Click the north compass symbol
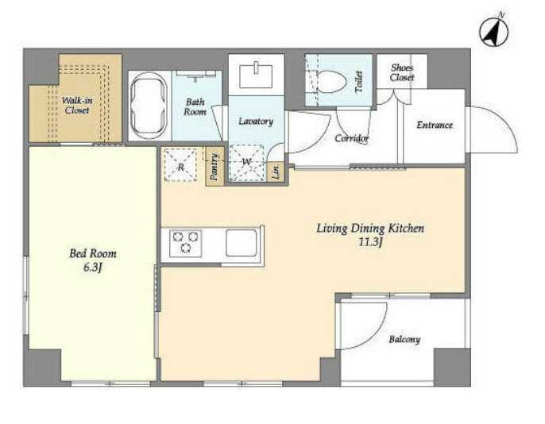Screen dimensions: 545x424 [x=494, y=31]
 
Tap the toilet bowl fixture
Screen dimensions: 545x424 [x=330, y=82]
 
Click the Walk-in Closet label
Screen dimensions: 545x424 [x=77, y=106]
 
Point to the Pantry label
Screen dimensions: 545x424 [x=215, y=167]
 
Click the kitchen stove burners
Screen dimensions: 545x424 [x=186, y=243]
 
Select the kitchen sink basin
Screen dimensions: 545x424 [x=241, y=243]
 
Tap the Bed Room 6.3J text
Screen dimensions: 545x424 [x=93, y=260]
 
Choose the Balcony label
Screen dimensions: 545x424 [x=404, y=339]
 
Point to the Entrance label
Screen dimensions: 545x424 [x=435, y=125]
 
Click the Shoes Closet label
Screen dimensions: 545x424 [x=402, y=72]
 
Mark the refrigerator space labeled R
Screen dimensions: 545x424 [x=180, y=165]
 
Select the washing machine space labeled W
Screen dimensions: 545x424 [x=247, y=163]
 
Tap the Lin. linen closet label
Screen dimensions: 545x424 [x=276, y=172]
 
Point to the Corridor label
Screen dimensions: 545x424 [x=351, y=138]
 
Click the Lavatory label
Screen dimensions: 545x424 [x=256, y=121]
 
